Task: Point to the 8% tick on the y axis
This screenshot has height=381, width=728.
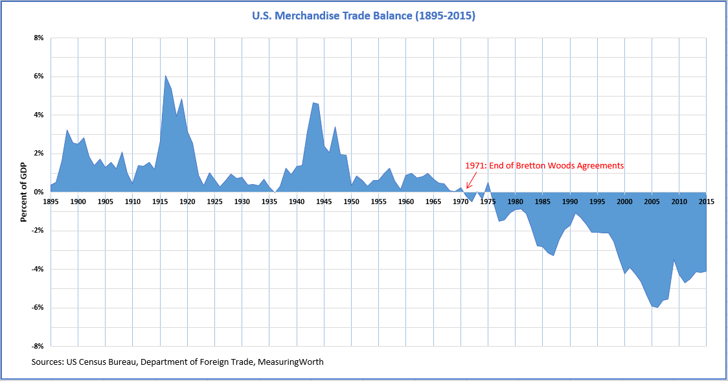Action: click(38, 38)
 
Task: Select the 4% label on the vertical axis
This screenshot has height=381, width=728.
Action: click(38, 115)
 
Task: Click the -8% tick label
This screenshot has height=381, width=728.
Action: click(37, 347)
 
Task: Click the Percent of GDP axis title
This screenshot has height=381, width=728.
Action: click(23, 192)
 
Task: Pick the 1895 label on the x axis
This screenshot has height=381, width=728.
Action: click(51, 202)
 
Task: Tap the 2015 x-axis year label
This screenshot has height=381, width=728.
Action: click(706, 202)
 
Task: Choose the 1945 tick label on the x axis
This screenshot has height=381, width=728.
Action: click(324, 202)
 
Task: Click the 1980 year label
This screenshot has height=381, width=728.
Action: click(515, 202)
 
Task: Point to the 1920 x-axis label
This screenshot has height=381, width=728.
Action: click(187, 202)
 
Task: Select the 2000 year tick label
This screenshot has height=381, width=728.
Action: click(624, 202)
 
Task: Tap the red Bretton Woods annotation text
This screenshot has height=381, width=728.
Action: click(545, 166)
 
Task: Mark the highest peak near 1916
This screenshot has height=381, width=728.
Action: click(165, 76)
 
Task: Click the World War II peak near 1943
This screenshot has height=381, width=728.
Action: click(313, 102)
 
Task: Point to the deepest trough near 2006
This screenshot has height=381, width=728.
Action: click(657, 307)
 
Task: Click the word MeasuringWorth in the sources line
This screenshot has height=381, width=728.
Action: click(291, 362)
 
